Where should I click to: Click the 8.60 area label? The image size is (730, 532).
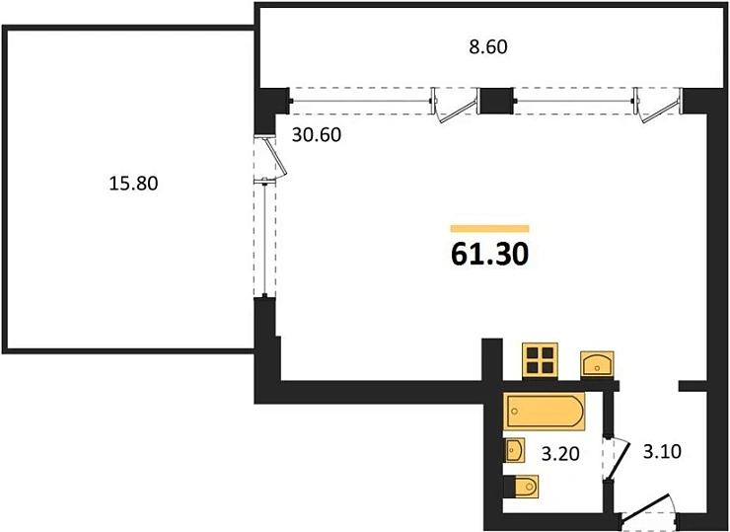(x=488, y=47)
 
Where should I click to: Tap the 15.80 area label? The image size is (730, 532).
(x=133, y=183)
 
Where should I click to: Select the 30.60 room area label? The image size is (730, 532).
(x=317, y=135)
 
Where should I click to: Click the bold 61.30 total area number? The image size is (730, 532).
(x=489, y=255)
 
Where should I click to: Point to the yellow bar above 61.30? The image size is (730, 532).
(x=489, y=228)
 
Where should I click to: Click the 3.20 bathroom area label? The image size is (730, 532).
(x=560, y=453)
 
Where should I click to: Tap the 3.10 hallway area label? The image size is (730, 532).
(x=662, y=451)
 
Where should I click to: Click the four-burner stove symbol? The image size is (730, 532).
(x=540, y=360)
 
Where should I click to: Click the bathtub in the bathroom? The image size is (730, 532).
(x=545, y=412)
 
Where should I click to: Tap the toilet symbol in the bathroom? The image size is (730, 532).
(x=522, y=488)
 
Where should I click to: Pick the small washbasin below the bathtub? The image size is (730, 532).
(x=514, y=450)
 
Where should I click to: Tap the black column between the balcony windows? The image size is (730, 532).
(x=496, y=101)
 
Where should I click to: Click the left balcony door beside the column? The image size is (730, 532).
(x=454, y=105)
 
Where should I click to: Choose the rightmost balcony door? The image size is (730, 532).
(x=658, y=106)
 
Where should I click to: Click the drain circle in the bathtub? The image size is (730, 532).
(x=515, y=412)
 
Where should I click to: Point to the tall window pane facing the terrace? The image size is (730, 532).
(x=265, y=240)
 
